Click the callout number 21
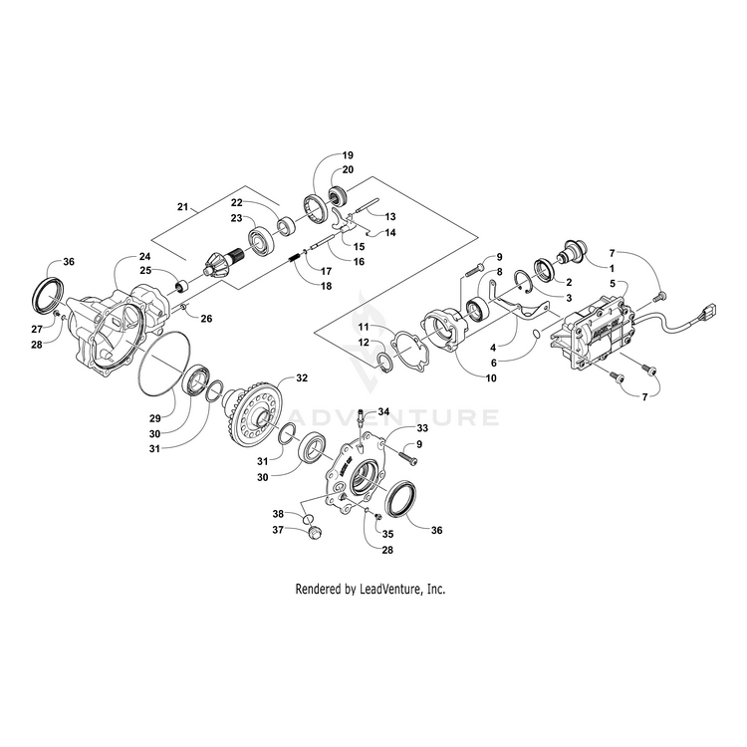point(182,206)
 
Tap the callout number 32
point(302,378)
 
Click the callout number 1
point(612,268)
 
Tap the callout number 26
point(207,319)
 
